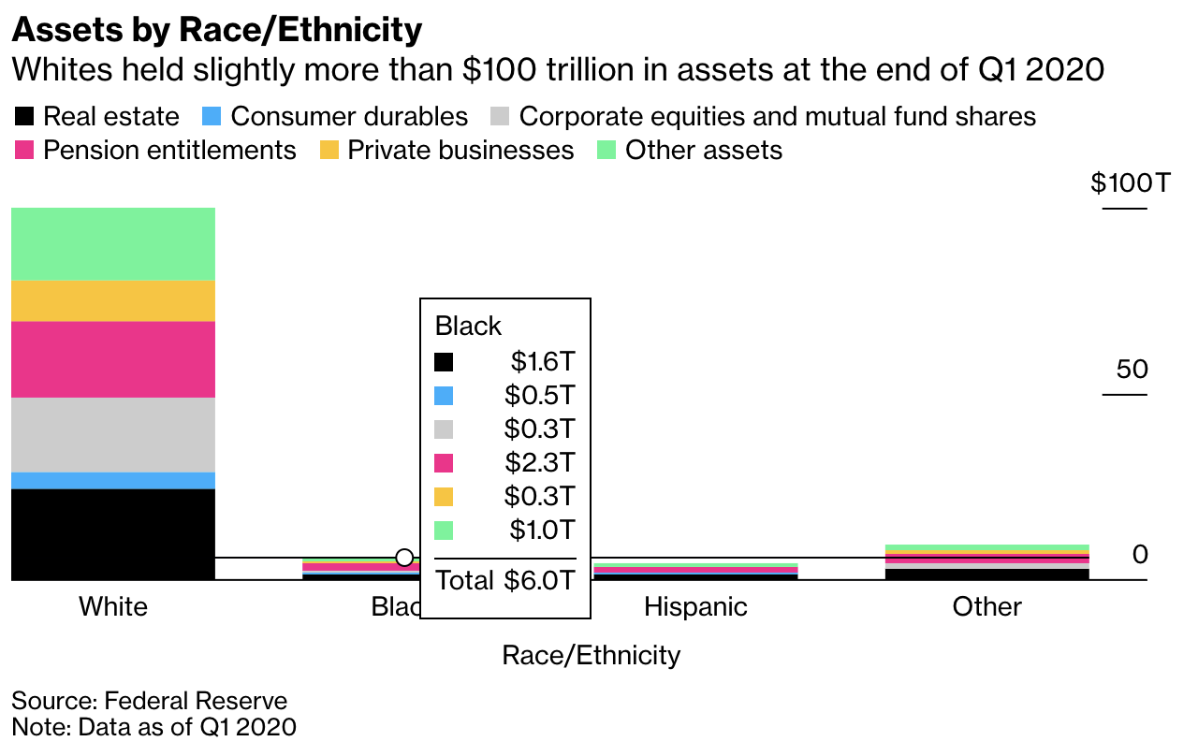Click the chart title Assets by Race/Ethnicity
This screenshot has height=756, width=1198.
pos(216,30)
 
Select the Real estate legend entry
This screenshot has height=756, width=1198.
pos(97,117)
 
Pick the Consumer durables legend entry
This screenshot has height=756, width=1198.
pos(335,117)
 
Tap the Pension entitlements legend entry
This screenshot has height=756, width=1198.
pos(155,151)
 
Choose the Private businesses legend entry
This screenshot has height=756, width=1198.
pos(446,151)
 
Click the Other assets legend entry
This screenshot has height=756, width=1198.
pos(690,151)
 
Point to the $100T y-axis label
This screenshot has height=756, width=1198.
pos(1130,182)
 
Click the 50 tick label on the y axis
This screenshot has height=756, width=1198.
pos(1132,370)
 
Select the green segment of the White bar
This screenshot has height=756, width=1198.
pos(113,243)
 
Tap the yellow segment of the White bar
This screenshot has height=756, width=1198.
pos(113,300)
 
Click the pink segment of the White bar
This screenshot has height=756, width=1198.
pos(113,359)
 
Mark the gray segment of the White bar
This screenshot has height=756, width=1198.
pos(113,435)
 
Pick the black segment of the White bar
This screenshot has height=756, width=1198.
pos(113,533)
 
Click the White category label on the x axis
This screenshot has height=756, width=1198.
pos(113,606)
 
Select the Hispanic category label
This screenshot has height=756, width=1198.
pos(695,606)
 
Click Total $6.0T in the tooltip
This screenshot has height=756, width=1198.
pos(504,581)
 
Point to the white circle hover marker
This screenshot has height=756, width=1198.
pos(404,558)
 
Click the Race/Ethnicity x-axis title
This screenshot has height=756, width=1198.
pos(591,655)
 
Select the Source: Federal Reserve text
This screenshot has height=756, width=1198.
pos(149,701)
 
